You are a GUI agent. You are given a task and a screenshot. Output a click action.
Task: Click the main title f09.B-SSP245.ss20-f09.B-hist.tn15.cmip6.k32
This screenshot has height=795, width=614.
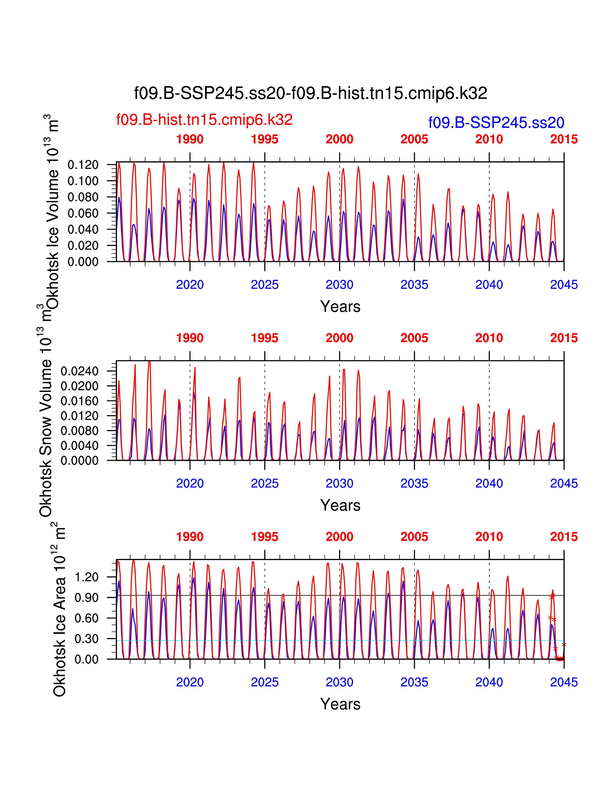(x=310, y=93)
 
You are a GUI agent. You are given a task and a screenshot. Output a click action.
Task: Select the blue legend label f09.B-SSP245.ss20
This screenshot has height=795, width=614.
(x=496, y=123)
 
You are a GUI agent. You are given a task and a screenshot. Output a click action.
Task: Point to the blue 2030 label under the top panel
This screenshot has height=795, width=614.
(x=339, y=285)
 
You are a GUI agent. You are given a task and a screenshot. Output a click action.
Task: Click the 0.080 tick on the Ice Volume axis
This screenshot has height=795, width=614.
(x=83, y=197)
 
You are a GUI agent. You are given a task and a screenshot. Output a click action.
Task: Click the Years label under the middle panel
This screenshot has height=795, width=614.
(x=340, y=505)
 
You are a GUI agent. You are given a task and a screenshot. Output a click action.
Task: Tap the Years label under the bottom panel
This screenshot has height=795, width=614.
(x=340, y=704)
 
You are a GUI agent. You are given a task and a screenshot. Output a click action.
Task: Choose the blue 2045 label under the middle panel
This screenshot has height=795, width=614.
(x=564, y=484)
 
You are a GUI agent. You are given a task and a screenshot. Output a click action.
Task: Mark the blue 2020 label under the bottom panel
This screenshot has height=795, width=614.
(x=190, y=682)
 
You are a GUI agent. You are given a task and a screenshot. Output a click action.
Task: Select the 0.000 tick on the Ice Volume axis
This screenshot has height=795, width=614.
(x=83, y=262)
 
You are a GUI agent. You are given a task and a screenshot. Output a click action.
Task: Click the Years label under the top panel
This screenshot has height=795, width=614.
(x=340, y=306)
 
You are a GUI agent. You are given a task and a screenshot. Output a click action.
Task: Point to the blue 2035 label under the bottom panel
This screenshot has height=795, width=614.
(x=414, y=682)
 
